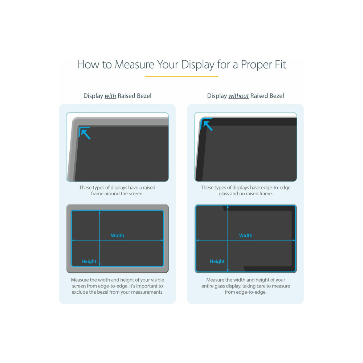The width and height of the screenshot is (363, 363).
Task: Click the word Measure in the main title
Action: tap(134, 64)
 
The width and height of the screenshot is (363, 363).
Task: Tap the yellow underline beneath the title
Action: tap(181, 76)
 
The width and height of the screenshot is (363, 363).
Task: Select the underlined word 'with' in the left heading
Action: tap(110, 96)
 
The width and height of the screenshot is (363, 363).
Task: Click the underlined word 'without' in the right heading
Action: tap(238, 96)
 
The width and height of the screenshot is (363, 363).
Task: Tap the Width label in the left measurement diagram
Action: tap(117, 236)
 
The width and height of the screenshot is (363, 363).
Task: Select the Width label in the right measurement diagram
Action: tap(246, 236)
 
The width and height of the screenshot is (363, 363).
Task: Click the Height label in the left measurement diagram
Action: tap(89, 261)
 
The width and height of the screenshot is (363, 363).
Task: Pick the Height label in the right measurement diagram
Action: tap(217, 261)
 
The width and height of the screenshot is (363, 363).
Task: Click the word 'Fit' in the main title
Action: tap(280, 64)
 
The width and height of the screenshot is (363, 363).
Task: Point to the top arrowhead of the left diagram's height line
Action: tap(99, 212)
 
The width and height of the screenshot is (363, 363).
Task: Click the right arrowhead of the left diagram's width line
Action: tap(162, 240)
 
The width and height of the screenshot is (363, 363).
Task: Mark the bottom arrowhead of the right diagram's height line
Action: tap(228, 270)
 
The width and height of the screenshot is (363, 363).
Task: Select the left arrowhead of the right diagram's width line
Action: tap(197, 240)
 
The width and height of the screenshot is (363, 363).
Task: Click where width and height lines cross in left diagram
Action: tap(99, 240)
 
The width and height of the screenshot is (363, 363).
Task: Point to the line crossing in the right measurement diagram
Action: tap(228, 240)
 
